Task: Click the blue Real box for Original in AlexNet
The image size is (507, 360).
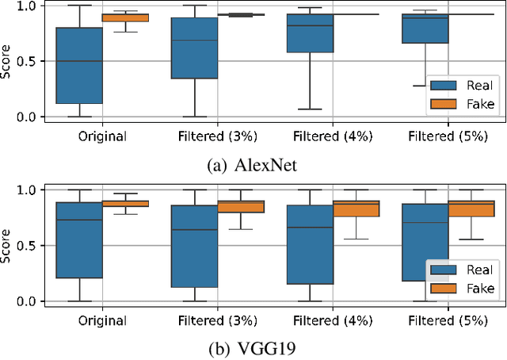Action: pos(79,66)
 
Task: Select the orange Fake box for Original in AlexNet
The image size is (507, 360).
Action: pos(125,17)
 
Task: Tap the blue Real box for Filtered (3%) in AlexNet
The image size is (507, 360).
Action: pos(195,48)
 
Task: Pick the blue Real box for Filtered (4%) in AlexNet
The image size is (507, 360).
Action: pos(310,33)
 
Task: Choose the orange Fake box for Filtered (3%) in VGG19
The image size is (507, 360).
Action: pos(241,207)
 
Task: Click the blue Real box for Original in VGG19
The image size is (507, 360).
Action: pos(79,240)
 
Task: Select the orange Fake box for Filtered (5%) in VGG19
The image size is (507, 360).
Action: pos(471,209)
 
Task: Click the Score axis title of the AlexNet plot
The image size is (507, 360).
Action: pos(8,61)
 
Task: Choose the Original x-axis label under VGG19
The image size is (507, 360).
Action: pos(102,321)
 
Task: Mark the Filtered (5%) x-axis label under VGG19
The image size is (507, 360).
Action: pos(448,321)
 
